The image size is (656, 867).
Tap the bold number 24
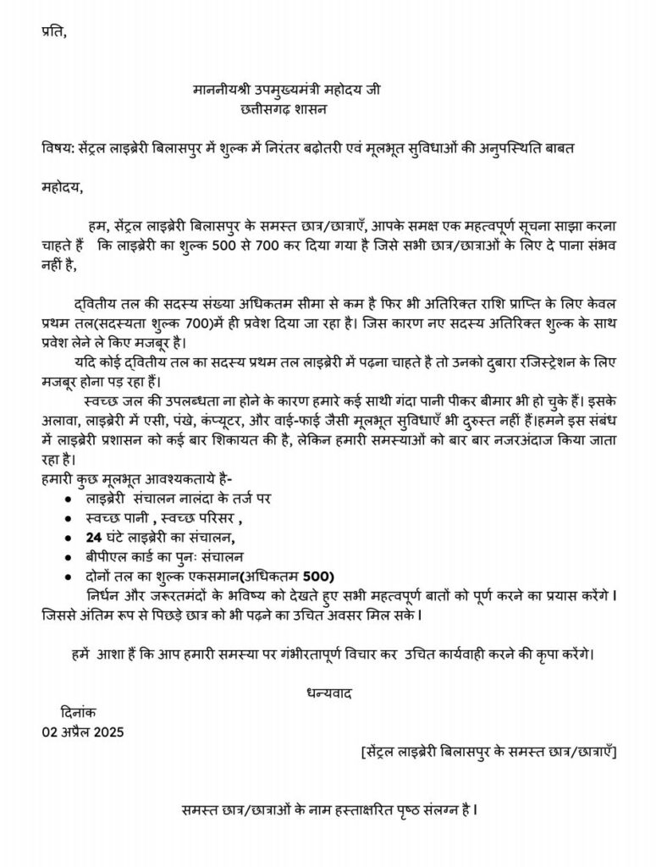coord(93,537)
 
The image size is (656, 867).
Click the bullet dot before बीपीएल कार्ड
coord(67,558)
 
